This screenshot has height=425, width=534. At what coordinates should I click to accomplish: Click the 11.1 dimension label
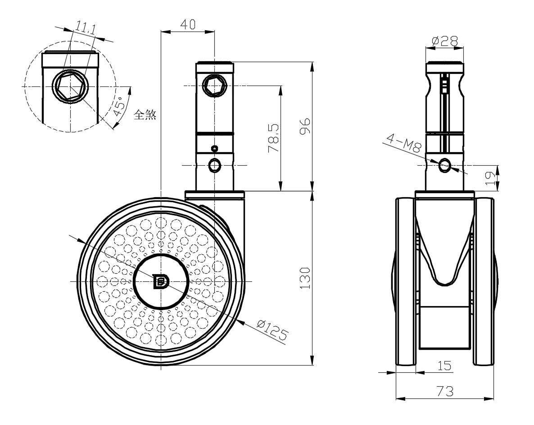click(x=85, y=28)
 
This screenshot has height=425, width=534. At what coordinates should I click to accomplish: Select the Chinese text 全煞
click(x=145, y=115)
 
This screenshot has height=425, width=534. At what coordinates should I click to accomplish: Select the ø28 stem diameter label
click(x=444, y=41)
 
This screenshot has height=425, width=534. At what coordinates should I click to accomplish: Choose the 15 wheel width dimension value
click(x=444, y=366)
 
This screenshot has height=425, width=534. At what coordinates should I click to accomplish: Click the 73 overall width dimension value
click(x=444, y=391)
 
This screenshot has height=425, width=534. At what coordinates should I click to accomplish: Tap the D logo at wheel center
click(x=161, y=282)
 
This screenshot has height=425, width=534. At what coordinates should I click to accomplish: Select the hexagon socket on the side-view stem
click(x=214, y=85)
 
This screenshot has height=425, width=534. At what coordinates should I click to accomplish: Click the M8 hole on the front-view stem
click(x=445, y=165)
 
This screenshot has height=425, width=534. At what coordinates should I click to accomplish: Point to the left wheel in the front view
click(x=405, y=281)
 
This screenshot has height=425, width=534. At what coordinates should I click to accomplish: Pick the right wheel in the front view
click(x=484, y=281)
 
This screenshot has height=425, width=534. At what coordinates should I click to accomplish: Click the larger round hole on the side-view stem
click(x=215, y=166)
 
